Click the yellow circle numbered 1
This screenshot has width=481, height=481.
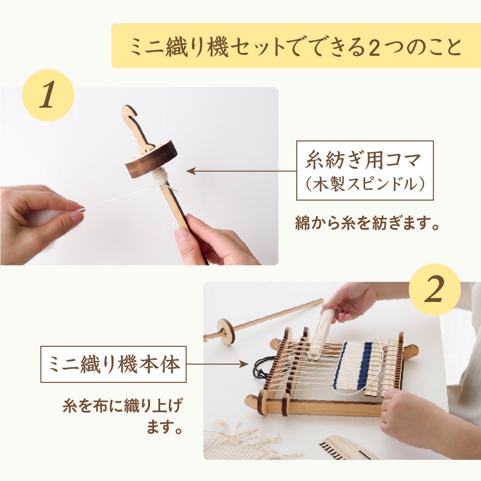[48, 95]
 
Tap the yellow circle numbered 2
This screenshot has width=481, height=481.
[435, 290]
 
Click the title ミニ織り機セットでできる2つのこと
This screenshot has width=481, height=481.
[296, 46]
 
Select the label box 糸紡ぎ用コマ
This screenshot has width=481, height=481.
[365, 171]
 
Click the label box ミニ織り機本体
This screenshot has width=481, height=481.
[114, 365]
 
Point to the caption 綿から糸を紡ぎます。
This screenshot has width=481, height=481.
[367, 223]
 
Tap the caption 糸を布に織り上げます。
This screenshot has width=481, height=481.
[123, 416]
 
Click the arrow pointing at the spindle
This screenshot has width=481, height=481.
[241, 171]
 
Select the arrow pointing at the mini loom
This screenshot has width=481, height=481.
[217, 365]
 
